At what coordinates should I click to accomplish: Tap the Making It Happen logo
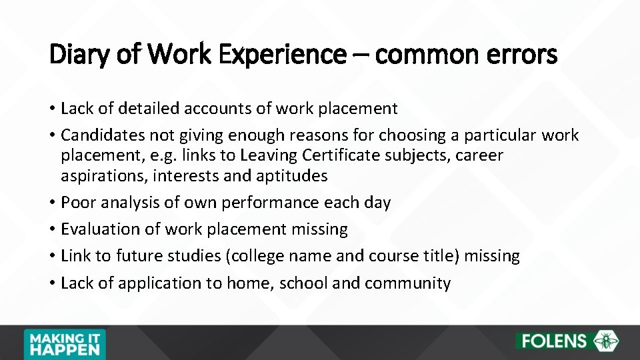click(64, 343)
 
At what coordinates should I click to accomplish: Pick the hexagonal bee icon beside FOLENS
click(607, 341)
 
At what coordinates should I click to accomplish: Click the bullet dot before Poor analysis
click(52, 203)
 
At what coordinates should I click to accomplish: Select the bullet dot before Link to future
click(52, 257)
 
